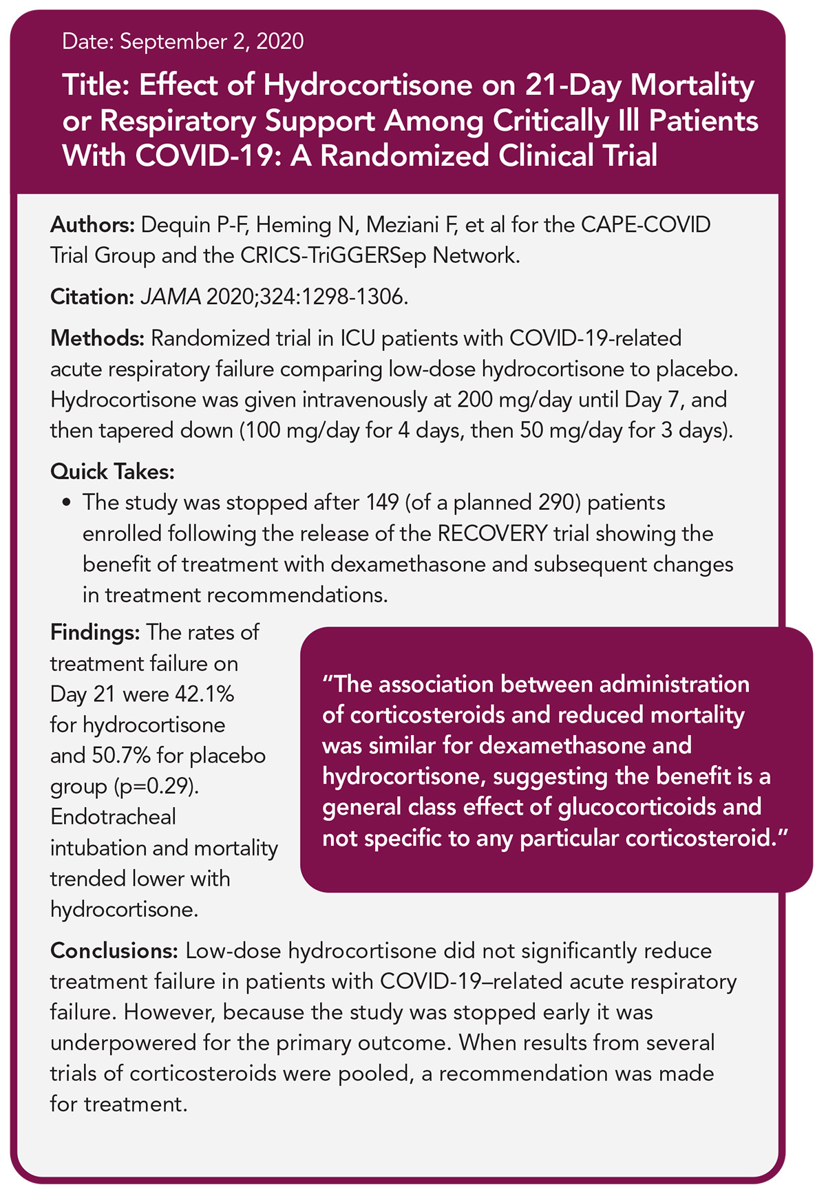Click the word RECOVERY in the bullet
(x=493, y=533)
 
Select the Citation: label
(x=92, y=297)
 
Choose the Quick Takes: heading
(x=112, y=471)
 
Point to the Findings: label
(x=95, y=632)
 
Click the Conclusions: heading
(x=114, y=950)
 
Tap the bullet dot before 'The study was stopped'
(x=66, y=503)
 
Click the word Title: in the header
(x=96, y=86)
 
